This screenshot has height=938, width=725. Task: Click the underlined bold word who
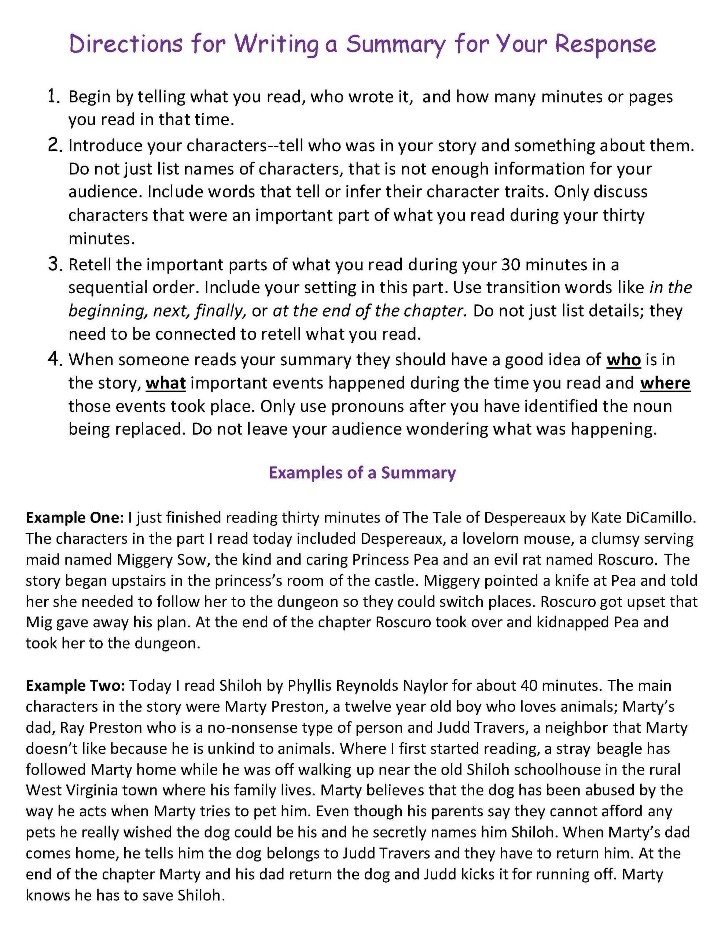[623, 359]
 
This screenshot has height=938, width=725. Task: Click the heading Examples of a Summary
[362, 472]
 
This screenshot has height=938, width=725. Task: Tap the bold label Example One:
[75, 517]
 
